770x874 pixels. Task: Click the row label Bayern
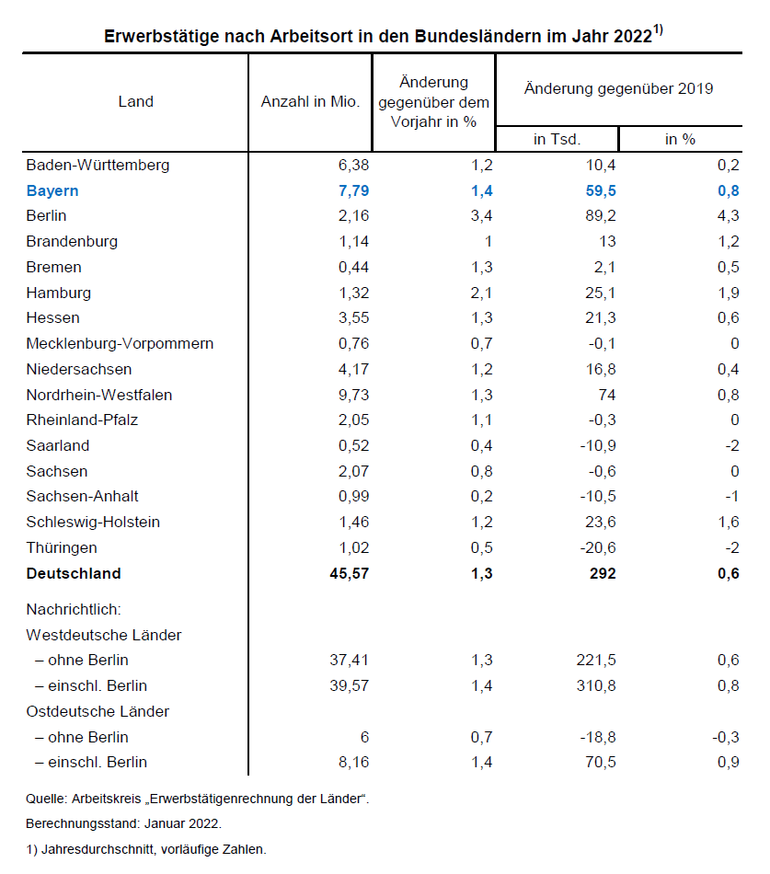click(x=52, y=190)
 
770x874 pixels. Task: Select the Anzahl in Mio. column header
click(x=310, y=101)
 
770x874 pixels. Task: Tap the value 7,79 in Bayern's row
click(x=352, y=190)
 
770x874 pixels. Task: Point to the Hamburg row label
click(x=58, y=293)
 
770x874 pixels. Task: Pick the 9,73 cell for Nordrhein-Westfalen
click(x=353, y=395)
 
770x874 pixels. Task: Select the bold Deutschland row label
click(x=74, y=573)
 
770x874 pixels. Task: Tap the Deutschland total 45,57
click(x=348, y=573)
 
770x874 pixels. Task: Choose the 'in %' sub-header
click(x=681, y=139)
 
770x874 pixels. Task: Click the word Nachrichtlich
click(x=75, y=609)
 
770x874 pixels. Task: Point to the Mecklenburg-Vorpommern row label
click(x=120, y=343)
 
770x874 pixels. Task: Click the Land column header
click(x=135, y=101)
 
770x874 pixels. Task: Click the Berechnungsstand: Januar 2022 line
click(x=123, y=823)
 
